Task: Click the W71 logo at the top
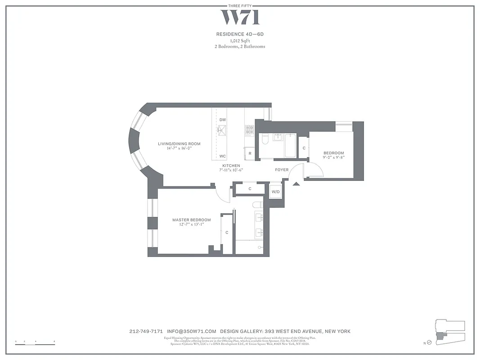(x=240, y=17)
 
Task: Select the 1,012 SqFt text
(x=240, y=40)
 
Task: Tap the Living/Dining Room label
(x=179, y=144)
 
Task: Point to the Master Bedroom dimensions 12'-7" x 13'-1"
(x=191, y=225)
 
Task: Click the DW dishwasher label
(x=222, y=120)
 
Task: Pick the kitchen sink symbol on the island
(x=222, y=131)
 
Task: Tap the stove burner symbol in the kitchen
(x=250, y=130)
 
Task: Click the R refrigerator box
(x=250, y=153)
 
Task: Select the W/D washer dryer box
(x=275, y=192)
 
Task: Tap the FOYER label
(x=282, y=170)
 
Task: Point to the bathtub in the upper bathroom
(x=290, y=145)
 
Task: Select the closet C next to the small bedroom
(x=304, y=148)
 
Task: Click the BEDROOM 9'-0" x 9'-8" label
(x=333, y=155)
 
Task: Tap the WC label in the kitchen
(x=222, y=156)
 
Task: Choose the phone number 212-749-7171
(x=146, y=331)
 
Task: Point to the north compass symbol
(x=429, y=343)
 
